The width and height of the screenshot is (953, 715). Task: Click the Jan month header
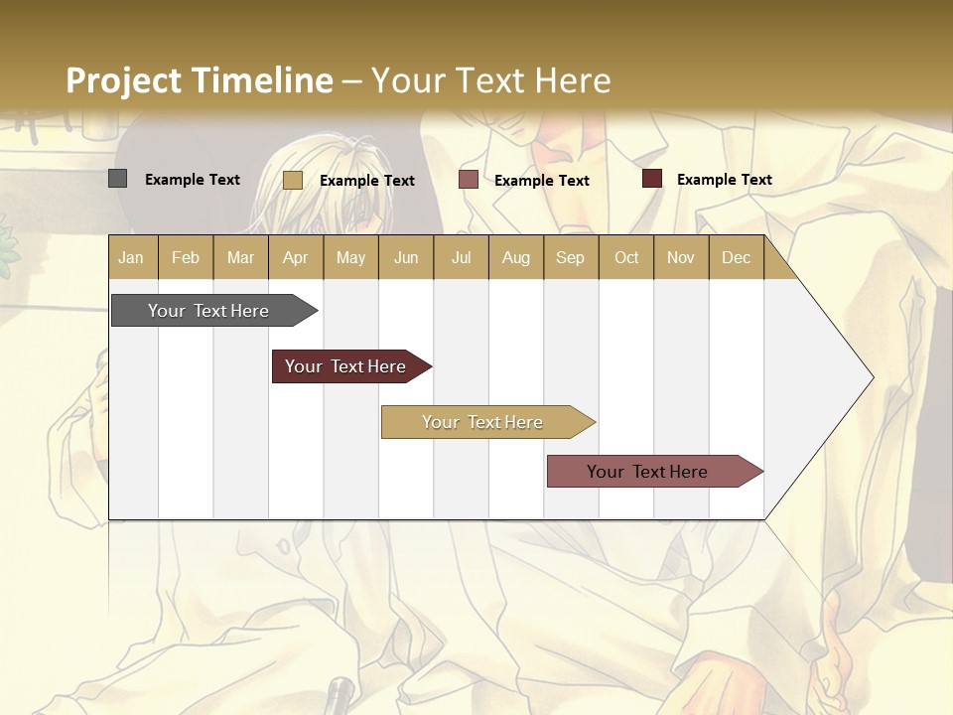coord(131,257)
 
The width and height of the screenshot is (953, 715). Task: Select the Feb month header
coord(186,257)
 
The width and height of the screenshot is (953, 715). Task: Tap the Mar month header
coord(240,257)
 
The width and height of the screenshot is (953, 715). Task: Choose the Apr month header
coord(295,257)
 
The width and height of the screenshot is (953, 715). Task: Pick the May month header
coord(350,257)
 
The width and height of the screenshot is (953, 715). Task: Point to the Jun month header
coord(406,257)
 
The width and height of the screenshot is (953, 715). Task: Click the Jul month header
coord(461,257)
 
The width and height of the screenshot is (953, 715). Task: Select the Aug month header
coord(515,257)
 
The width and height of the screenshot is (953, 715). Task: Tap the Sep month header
coord(570,257)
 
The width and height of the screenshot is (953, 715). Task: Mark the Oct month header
coord(626,257)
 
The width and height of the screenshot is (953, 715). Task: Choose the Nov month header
coord(681,257)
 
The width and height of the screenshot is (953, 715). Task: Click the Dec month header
coord(736,257)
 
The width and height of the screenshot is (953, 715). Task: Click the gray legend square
coord(117,179)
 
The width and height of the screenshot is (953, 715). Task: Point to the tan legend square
coord(292,180)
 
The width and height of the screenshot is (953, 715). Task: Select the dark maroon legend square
coord(651,179)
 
